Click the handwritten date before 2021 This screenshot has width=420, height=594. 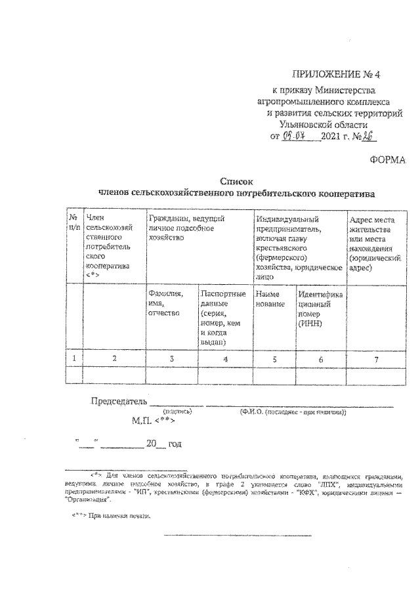295,137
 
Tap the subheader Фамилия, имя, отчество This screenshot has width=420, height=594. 165,304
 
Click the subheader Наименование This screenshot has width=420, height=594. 269,299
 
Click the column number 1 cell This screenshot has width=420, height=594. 74,358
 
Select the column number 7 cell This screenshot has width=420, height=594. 375,358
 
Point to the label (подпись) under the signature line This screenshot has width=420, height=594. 177,412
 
